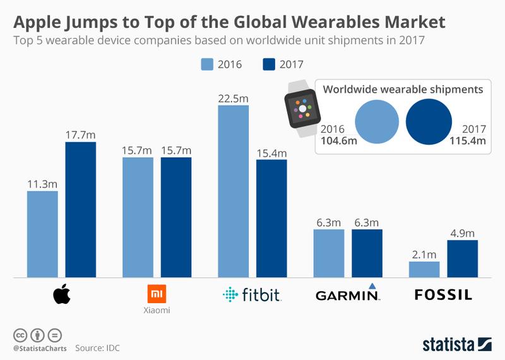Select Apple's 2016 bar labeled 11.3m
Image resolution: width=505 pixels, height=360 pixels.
point(42,234)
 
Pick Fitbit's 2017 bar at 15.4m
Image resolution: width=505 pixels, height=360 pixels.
point(271,219)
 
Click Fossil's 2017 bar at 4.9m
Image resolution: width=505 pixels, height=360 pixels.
point(463,259)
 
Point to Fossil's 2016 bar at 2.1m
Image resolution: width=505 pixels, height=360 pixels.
point(424,270)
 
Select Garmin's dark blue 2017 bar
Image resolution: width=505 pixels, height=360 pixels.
point(367,253)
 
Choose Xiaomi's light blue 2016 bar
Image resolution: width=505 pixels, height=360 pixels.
point(138,217)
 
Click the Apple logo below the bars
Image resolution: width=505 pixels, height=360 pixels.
point(61,294)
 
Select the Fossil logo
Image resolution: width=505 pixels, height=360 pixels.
point(443,294)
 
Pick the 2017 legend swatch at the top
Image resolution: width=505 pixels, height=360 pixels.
point(269,64)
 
